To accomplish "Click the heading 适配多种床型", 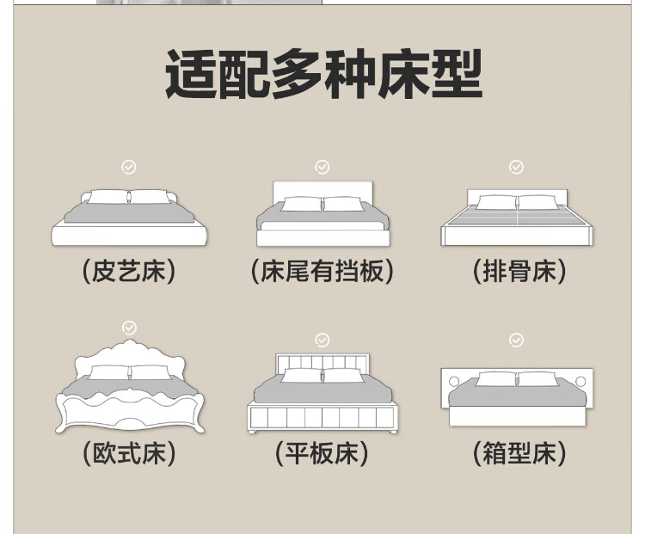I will click(323, 76).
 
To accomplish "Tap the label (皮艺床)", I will click(129, 272).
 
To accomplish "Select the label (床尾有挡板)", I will click(322, 272).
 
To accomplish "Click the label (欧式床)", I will click(129, 453).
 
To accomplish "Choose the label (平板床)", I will click(322, 453).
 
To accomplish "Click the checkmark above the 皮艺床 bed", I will click(129, 167).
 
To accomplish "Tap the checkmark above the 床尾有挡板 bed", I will click(322, 167).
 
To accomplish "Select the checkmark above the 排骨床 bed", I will click(517, 167).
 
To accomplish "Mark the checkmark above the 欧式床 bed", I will click(129, 328).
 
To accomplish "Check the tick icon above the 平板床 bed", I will click(322, 341).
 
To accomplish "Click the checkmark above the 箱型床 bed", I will click(517, 341).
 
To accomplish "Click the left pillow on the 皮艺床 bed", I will click(107, 197).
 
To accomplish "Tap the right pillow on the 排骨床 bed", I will click(537, 202).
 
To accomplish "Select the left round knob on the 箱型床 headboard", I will click(454, 381).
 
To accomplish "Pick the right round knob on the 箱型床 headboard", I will click(580, 381).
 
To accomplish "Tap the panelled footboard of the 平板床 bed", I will click(322, 418).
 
